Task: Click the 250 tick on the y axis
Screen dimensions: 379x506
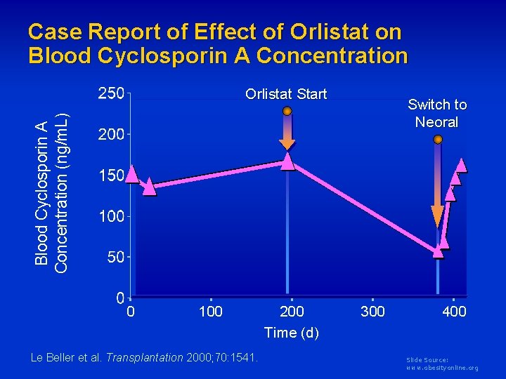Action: pyautogui.click(x=111, y=94)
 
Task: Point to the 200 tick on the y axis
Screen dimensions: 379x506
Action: pyautogui.click(x=111, y=135)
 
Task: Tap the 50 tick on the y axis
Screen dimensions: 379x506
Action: pyautogui.click(x=115, y=258)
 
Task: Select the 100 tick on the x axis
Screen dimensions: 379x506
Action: pyautogui.click(x=211, y=311)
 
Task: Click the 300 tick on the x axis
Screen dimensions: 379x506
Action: pyautogui.click(x=372, y=311)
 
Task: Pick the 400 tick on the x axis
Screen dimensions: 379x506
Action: pyautogui.click(x=454, y=311)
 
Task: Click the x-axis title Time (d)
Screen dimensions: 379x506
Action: pyautogui.click(x=291, y=333)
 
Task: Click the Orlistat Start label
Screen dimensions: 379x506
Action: pyautogui.click(x=286, y=94)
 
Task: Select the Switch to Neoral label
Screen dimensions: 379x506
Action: pyautogui.click(x=437, y=113)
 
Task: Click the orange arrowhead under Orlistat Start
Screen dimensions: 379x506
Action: pyautogui.click(x=287, y=144)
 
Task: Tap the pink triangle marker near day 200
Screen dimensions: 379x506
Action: pyautogui.click(x=287, y=161)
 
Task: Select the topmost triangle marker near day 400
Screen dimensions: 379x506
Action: pyautogui.click(x=461, y=165)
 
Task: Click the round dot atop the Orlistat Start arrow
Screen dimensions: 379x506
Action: pyautogui.click(x=287, y=111)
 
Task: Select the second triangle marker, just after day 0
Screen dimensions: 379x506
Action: pyautogui.click(x=149, y=187)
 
